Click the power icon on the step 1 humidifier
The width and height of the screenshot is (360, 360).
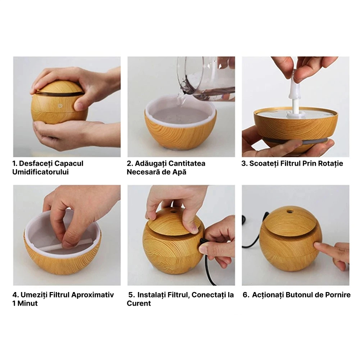60,106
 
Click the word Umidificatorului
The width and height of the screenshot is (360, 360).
40,172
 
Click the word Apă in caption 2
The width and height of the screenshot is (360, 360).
178,172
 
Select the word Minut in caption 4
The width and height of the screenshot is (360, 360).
27,303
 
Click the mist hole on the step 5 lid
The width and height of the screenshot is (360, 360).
173,210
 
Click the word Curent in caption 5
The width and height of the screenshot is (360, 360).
139,303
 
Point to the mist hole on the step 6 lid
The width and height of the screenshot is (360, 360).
290,209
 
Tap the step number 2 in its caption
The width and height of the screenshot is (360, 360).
130,163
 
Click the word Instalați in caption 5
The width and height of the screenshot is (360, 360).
152,295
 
